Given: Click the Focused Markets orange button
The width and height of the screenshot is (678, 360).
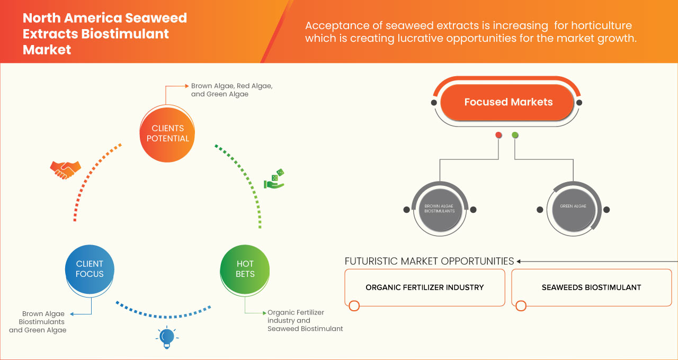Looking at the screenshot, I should click(x=507, y=102).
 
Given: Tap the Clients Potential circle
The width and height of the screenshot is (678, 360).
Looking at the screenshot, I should click(x=167, y=133).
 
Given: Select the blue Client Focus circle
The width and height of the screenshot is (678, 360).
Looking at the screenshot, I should click(x=90, y=269).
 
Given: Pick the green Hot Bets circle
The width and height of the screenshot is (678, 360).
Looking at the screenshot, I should click(x=245, y=269).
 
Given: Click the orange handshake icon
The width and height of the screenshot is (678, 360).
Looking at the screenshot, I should click(x=65, y=169).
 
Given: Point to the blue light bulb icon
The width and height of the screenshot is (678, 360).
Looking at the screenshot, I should click(x=167, y=337).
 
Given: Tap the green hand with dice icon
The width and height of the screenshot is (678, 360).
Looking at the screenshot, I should click(x=274, y=179).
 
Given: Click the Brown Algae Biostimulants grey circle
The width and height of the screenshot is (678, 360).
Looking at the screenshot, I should click(x=440, y=209).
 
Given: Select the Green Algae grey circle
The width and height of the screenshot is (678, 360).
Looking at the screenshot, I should click(x=573, y=206).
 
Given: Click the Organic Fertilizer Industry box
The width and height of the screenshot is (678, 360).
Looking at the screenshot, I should click(x=424, y=287).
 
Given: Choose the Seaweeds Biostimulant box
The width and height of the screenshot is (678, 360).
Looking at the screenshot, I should click(x=591, y=287).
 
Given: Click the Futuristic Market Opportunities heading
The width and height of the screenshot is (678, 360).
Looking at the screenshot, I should click(x=429, y=261).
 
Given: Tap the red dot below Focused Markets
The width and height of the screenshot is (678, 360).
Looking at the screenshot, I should click(x=498, y=136).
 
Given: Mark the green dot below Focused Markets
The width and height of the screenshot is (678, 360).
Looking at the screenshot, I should click(x=515, y=136).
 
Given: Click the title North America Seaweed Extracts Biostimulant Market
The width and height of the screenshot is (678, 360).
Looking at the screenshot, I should click(x=104, y=34).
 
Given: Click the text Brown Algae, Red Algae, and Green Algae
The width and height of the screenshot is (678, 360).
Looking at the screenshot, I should click(x=231, y=89).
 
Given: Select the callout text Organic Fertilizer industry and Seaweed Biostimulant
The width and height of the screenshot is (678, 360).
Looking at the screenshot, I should click(x=305, y=320).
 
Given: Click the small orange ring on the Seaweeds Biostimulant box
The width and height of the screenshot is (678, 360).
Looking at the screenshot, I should click(x=521, y=306).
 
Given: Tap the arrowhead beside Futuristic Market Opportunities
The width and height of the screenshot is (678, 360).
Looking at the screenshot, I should click(x=519, y=261).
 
